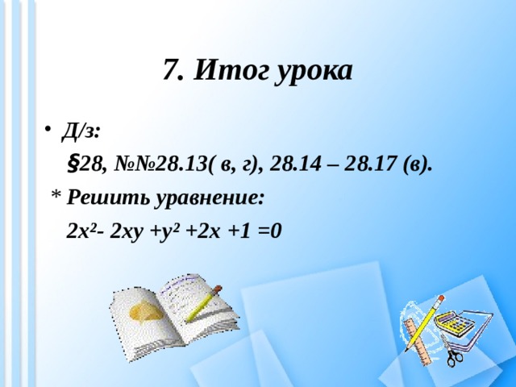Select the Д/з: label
[x=81, y=129]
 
